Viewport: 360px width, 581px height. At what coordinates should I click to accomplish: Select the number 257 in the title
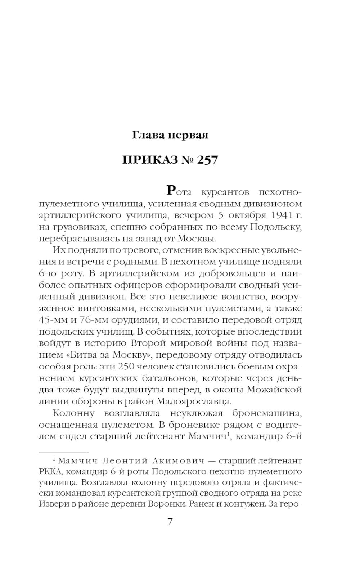click(x=207, y=160)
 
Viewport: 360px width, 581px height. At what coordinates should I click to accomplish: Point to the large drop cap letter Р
click(x=172, y=191)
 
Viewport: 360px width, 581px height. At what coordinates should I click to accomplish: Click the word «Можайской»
click(x=276, y=390)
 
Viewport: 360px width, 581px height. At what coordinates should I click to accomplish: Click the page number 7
click(x=170, y=521)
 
